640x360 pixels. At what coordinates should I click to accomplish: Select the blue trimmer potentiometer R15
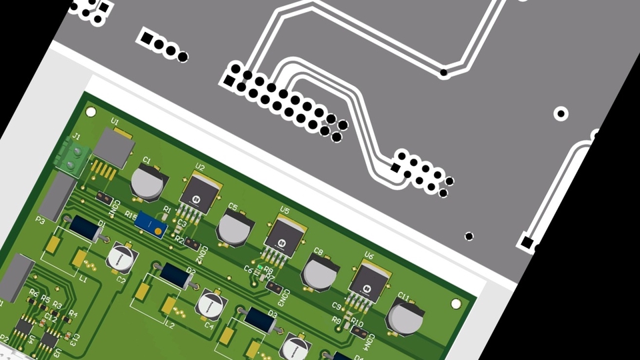click(151, 225)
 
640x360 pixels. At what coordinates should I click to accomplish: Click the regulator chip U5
click(283, 237)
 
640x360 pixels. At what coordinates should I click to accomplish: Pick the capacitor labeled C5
click(233, 227)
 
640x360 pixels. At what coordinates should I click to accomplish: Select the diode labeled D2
click(176, 275)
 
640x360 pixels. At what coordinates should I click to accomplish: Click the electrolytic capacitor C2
click(122, 257)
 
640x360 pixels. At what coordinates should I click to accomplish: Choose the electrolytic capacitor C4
click(211, 303)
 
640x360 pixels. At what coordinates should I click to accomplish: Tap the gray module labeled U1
click(115, 148)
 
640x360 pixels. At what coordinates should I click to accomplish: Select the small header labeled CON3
click(273, 287)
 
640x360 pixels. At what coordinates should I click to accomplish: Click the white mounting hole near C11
click(456, 304)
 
